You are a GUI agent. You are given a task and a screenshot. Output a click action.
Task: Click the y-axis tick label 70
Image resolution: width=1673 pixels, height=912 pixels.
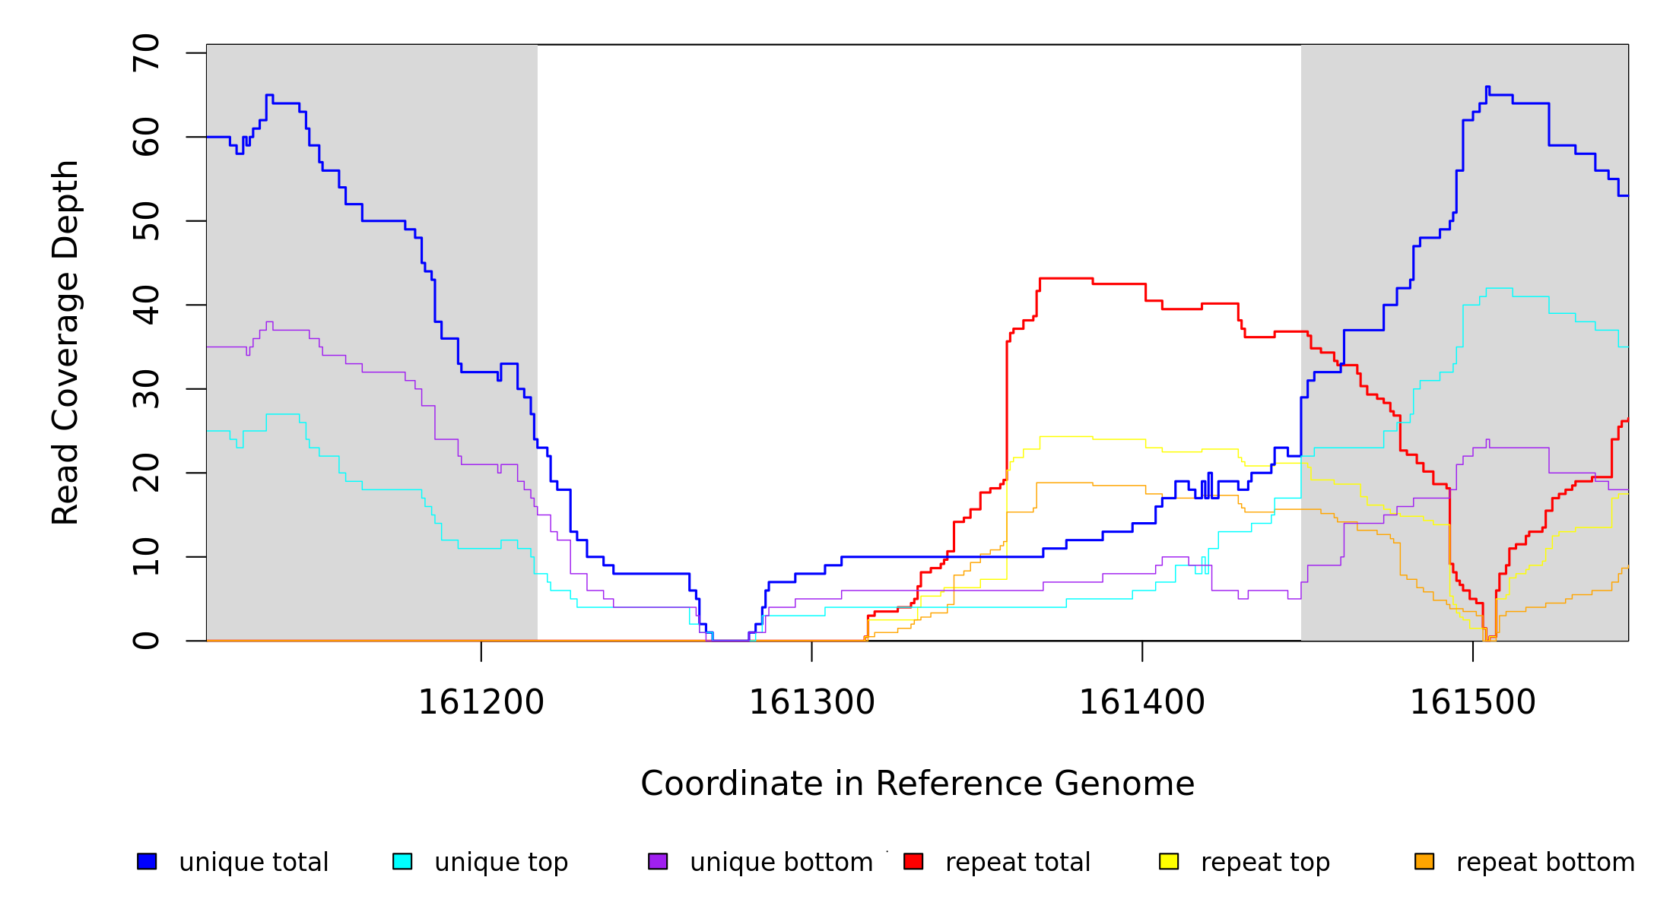click(x=146, y=53)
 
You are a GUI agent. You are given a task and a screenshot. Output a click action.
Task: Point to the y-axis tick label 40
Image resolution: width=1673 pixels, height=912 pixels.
click(x=146, y=305)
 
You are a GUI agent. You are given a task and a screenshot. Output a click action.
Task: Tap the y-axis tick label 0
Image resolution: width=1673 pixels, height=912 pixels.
click(x=146, y=641)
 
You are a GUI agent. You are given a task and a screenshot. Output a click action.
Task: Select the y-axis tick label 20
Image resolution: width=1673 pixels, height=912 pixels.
click(x=146, y=473)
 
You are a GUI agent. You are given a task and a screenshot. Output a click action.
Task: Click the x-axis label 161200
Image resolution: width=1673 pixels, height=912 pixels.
click(x=481, y=703)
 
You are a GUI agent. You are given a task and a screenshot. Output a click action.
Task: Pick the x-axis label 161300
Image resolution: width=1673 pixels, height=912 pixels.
click(x=812, y=703)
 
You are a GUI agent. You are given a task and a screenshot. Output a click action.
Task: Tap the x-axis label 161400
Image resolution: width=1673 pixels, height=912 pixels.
click(x=1142, y=703)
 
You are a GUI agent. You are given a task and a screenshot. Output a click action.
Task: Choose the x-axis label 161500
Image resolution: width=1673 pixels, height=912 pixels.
click(x=1473, y=703)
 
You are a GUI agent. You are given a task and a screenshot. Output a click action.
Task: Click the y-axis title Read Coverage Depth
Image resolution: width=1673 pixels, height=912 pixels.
click(x=65, y=342)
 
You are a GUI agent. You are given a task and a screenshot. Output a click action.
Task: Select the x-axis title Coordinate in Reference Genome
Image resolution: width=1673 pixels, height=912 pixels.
click(x=917, y=784)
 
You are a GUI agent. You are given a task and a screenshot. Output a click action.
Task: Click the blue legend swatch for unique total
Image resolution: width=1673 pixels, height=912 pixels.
click(x=147, y=861)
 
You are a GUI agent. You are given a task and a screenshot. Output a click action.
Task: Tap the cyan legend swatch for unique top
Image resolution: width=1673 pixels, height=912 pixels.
click(x=402, y=861)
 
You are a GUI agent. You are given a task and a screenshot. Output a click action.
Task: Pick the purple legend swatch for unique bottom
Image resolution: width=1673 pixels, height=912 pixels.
click(x=658, y=861)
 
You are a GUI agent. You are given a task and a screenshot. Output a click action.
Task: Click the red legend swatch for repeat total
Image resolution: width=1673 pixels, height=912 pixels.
click(x=913, y=861)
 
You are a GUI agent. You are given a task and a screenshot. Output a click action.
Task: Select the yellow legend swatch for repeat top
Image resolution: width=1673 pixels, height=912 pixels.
click(x=1169, y=861)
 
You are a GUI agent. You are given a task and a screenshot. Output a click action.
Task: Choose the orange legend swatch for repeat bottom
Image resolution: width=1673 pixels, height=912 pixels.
click(x=1424, y=861)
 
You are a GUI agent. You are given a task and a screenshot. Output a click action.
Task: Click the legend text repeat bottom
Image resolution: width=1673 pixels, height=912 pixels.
click(x=1545, y=863)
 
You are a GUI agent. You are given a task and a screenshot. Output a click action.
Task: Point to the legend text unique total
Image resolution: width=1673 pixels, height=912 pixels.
click(x=254, y=863)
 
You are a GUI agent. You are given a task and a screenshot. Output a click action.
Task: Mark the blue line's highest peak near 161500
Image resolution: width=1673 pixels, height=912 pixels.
click(x=1487, y=87)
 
